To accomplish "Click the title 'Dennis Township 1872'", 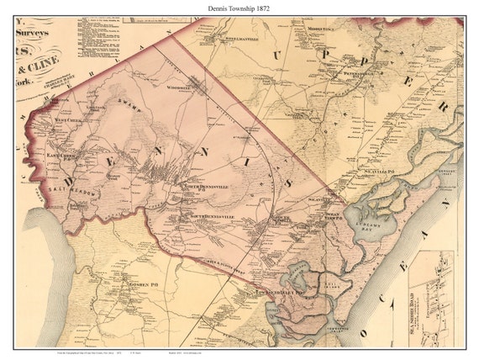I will tap(239, 8).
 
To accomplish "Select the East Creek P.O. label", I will tap(62, 154).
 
